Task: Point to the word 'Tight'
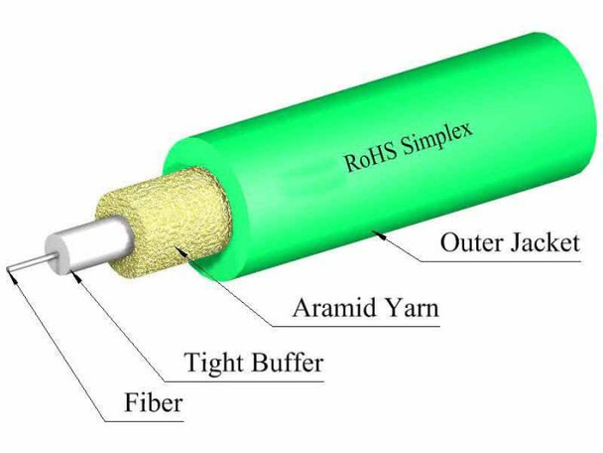[x=217, y=364]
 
